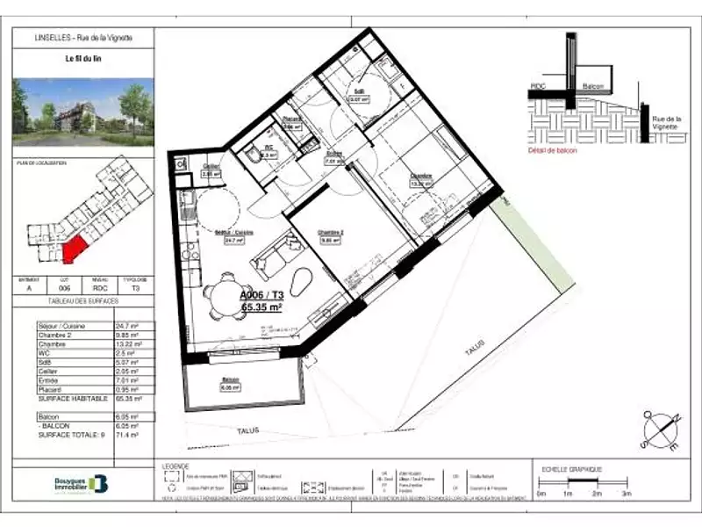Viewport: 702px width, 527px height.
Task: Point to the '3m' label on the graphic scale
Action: pyautogui.click(x=627, y=495)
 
